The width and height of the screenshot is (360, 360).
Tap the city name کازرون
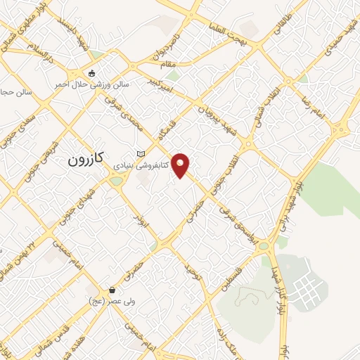(x=86, y=160)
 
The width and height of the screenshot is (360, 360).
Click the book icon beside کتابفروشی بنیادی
(x=141, y=154)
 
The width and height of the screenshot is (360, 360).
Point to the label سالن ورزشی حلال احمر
(x=92, y=84)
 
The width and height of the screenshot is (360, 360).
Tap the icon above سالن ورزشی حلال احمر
(x=91, y=73)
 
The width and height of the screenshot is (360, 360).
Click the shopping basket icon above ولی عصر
(x=112, y=290)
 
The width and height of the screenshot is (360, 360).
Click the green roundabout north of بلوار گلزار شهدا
(x=263, y=247)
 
